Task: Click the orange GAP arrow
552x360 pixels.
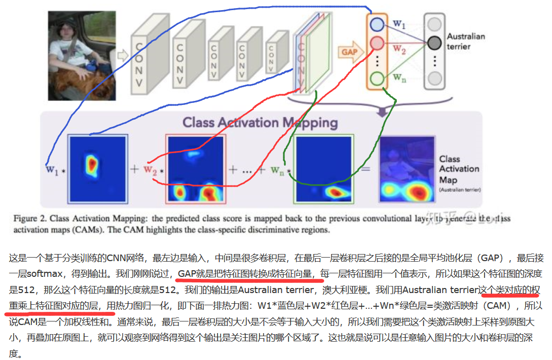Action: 350,52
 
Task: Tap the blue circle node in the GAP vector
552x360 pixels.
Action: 377,24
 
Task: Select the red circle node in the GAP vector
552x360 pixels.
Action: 377,44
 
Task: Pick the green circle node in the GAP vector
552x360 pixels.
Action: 377,79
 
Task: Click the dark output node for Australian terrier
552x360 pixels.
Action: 434,43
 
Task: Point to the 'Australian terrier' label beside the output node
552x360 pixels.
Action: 465,41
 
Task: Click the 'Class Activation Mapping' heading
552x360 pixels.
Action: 260,122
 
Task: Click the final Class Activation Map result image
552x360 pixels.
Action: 407,169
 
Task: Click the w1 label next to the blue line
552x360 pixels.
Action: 52,169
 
